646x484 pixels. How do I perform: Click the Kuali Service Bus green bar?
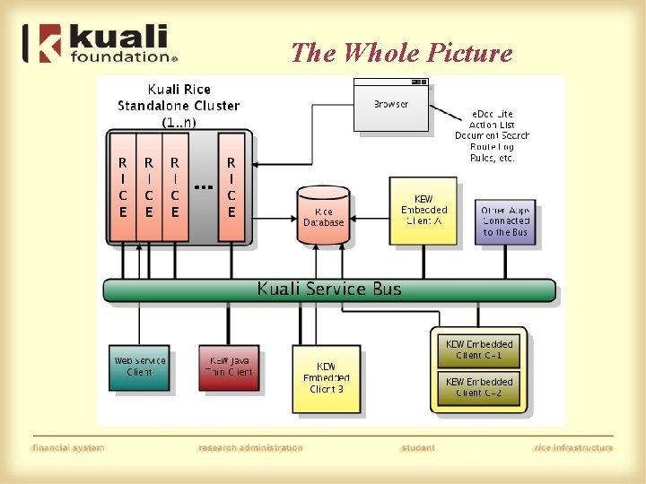[x=328, y=290]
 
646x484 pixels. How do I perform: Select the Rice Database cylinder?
[x=323, y=215]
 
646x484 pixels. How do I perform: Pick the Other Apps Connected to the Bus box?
[x=505, y=221]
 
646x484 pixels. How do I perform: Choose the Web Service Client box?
[x=139, y=367]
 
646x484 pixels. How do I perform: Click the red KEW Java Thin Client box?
[x=229, y=367]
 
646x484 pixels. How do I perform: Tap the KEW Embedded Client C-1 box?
[x=479, y=350]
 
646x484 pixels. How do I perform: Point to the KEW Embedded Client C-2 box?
[x=479, y=387]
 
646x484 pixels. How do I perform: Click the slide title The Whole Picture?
[x=401, y=53]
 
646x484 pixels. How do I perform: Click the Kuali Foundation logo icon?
[x=39, y=43]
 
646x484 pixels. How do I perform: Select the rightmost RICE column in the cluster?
[x=231, y=188]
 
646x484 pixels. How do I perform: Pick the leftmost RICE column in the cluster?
[x=122, y=188]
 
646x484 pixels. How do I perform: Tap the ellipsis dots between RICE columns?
[x=203, y=187]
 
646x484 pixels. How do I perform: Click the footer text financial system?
[x=67, y=447]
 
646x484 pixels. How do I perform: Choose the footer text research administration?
[x=250, y=447]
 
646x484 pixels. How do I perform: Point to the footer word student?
[x=418, y=447]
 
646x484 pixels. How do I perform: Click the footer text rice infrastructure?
[x=572, y=447]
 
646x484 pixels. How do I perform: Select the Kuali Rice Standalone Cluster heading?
[x=179, y=105]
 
